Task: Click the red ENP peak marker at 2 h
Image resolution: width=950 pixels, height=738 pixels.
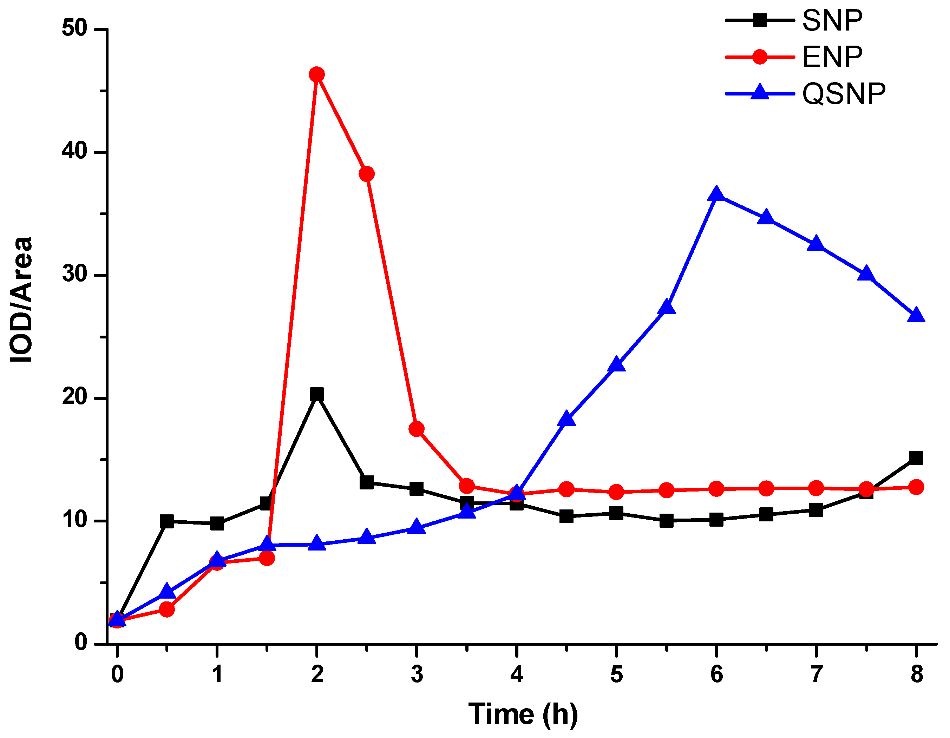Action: [317, 74]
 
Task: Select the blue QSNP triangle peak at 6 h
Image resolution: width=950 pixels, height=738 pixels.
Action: [716, 195]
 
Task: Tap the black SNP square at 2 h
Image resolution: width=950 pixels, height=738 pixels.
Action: [317, 394]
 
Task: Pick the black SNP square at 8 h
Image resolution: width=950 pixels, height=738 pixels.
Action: [916, 457]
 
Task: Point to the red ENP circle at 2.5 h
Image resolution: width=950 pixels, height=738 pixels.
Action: [367, 174]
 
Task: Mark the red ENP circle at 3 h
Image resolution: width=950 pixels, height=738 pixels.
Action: [417, 429]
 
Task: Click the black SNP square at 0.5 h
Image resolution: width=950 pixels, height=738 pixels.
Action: [166, 521]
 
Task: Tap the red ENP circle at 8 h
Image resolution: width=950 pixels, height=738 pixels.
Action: [916, 487]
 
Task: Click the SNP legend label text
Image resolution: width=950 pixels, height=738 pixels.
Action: [832, 20]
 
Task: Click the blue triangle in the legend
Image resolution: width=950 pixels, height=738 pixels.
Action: [760, 93]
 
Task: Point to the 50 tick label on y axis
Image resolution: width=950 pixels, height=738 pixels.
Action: [75, 29]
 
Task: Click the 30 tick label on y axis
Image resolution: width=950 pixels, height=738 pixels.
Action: [75, 275]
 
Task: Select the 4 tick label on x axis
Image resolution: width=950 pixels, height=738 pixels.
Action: [516, 674]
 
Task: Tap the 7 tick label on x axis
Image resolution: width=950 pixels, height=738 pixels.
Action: [816, 674]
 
